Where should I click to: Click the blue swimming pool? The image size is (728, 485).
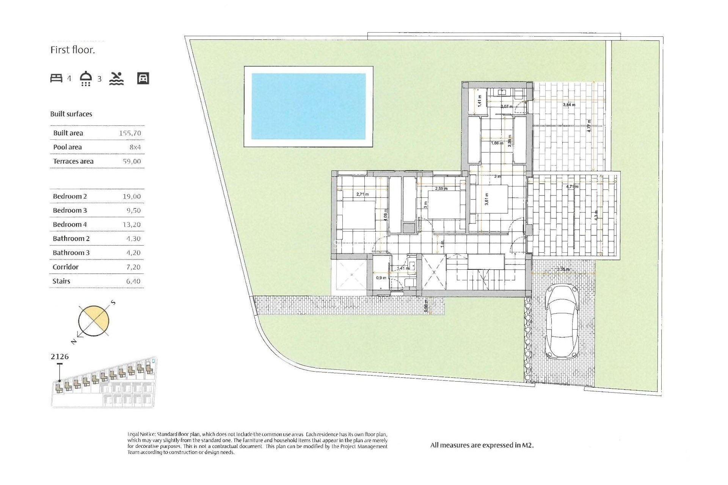click(308, 106)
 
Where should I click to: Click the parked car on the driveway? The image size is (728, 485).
click(562, 322)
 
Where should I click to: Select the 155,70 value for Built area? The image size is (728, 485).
click(130, 133)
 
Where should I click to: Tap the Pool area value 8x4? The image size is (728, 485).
click(135, 147)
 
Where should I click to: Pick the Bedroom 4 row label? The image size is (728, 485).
click(70, 225)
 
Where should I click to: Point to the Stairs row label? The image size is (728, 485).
click(61, 281)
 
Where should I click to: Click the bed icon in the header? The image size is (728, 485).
click(56, 78)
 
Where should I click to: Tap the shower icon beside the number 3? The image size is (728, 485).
click(86, 78)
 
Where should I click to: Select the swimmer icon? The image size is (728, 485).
click(116, 78)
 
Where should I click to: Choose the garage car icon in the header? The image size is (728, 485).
click(143, 78)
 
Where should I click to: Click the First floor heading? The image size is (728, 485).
click(72, 50)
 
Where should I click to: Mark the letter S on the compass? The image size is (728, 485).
click(113, 303)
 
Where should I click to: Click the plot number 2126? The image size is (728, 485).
click(60, 357)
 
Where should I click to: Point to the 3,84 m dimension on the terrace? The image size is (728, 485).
click(569, 105)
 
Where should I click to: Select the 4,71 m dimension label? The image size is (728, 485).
click(572, 187)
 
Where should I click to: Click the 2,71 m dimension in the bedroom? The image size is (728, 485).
click(362, 194)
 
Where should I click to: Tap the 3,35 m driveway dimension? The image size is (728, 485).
click(563, 269)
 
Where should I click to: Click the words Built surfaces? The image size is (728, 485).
click(71, 114)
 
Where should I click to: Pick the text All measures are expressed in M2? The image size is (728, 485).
click(482, 446)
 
